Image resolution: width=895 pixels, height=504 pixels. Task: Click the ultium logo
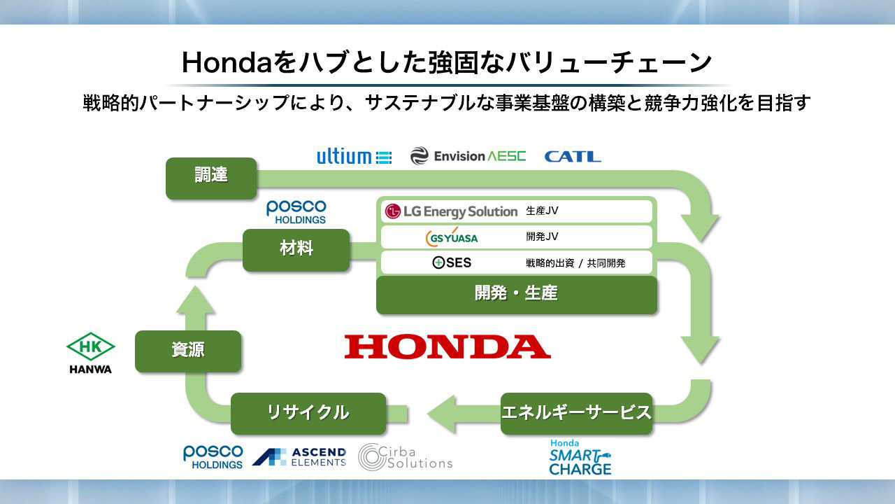355,156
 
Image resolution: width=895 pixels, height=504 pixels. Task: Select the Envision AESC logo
468,156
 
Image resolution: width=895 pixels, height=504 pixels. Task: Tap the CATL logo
573,156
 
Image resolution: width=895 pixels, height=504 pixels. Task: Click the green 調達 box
211,178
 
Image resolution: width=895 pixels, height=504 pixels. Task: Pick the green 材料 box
296,250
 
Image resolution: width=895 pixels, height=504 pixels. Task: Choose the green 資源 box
188,351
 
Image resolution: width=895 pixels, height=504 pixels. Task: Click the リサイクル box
308,414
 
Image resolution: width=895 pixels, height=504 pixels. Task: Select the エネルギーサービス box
577,414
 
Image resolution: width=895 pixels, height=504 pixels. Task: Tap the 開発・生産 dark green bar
517,295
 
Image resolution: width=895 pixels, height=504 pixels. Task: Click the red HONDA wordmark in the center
447,346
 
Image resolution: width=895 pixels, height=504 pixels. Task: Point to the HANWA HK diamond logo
91,353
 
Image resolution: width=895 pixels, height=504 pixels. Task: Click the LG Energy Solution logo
451,211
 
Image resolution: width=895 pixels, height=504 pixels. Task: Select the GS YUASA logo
452,237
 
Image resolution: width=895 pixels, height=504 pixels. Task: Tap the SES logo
452,262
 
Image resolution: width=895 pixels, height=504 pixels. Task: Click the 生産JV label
542,211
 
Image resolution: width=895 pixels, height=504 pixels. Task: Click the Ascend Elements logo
299,457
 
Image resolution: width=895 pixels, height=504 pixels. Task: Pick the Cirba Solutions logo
405,457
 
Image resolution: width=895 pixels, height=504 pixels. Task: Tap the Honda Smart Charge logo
580,457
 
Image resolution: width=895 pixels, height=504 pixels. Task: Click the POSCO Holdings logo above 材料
296,212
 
